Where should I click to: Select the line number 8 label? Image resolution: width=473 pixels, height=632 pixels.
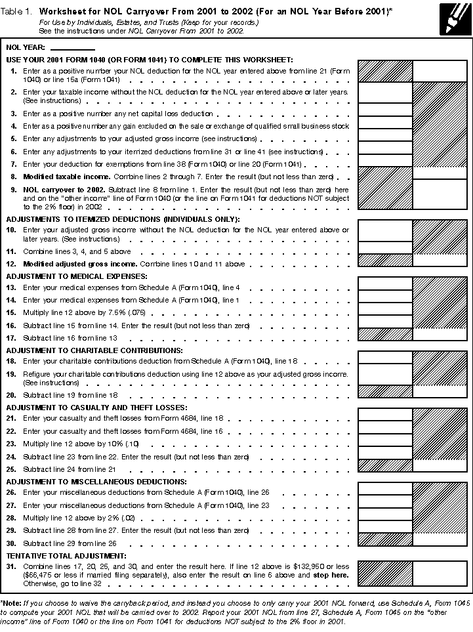coord(14,177)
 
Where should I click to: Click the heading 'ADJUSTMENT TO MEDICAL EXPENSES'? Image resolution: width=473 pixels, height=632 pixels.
coord(77,276)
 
